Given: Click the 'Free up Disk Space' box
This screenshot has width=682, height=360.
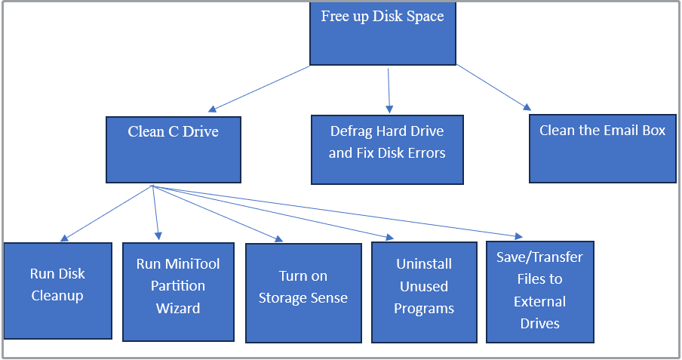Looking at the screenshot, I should pos(382,34).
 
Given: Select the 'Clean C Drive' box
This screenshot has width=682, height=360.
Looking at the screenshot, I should pos(173,149).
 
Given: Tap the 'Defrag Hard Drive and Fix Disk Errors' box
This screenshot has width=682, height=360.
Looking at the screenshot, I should pos(387,149).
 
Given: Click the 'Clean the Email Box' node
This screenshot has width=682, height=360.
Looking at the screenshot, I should pos(601,149).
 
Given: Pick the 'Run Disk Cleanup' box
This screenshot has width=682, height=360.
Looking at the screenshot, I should pos(57,291).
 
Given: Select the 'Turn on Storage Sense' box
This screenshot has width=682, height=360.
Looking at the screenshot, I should pos(303,291).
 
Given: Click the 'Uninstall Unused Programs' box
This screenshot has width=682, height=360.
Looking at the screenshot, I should pos(423,291).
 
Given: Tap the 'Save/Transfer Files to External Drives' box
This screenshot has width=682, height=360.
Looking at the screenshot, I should pos(539,291).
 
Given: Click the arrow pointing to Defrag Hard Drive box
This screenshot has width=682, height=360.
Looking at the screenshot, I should pos(389,91).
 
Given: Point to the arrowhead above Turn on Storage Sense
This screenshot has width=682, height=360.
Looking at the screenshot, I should pos(278,238).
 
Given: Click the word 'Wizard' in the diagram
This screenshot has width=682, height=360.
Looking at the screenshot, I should pos(177,308).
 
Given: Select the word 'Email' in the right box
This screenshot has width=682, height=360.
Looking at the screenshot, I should pos(622,131).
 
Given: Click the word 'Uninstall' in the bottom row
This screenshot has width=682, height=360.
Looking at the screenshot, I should pos(424,264).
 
